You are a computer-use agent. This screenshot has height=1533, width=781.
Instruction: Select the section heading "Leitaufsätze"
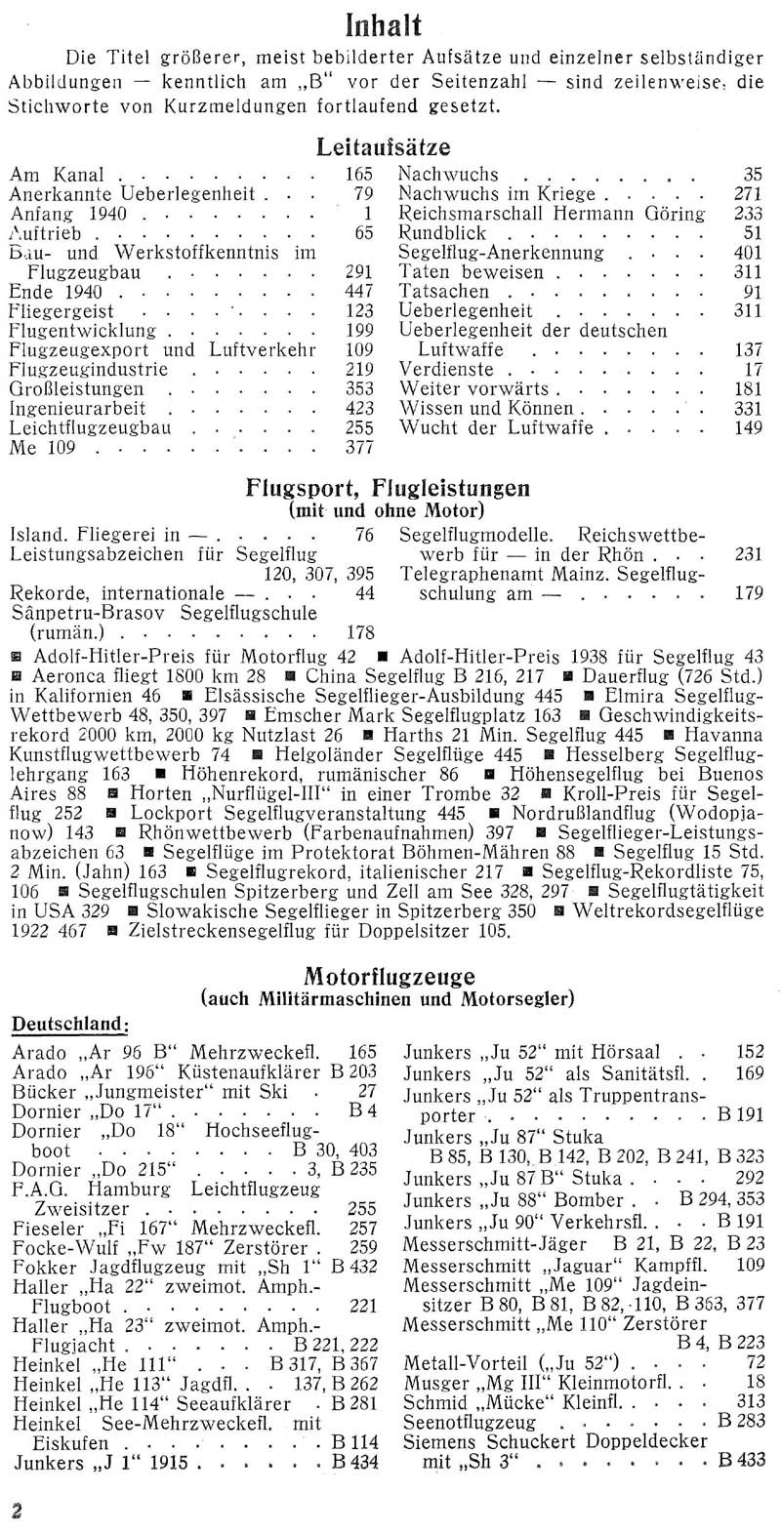tap(384, 148)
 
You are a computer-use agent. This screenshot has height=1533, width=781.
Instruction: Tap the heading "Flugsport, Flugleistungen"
tap(387, 490)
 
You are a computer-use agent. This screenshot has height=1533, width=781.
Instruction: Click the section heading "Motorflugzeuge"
tap(388, 975)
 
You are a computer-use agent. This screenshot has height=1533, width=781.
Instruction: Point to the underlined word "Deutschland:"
tap(69, 1022)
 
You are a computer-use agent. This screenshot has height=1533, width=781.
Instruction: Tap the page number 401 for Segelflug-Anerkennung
tap(747, 253)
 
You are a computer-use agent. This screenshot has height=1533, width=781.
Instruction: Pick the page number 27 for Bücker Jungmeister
tap(366, 1090)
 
